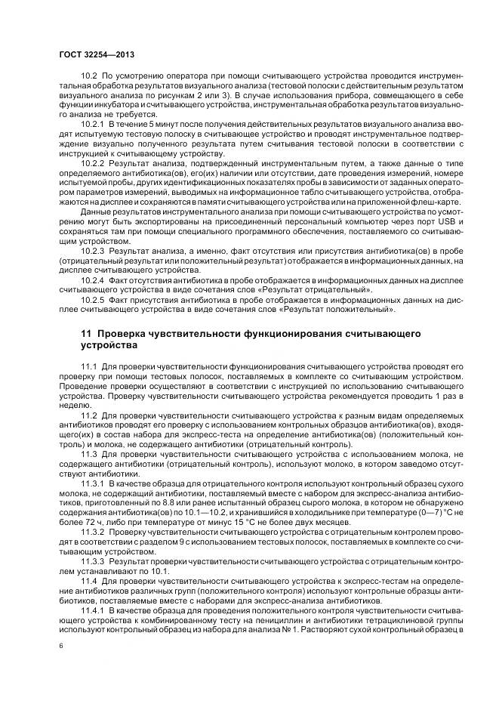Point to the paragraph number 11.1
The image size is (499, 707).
pyautogui.click(x=89, y=366)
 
